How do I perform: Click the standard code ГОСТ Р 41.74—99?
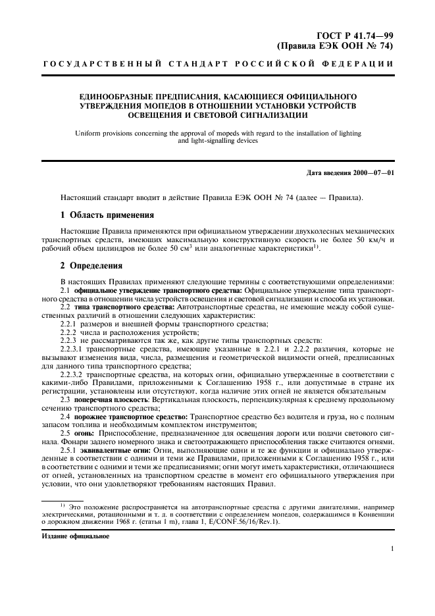354,35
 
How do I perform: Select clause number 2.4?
65,417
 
